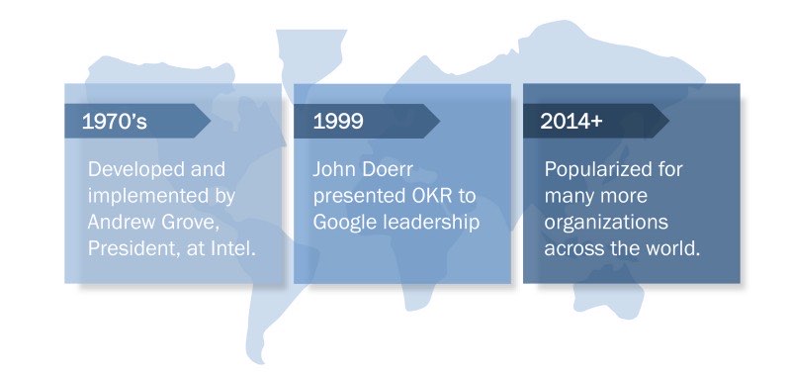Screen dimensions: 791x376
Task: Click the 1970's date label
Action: [x=115, y=121]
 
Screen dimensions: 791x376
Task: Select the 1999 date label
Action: [x=338, y=121]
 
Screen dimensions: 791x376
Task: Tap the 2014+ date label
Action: [x=571, y=121]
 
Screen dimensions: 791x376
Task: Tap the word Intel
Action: [x=235, y=248]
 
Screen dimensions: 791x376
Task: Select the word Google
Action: [x=344, y=223]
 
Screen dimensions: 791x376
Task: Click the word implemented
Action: [x=147, y=197]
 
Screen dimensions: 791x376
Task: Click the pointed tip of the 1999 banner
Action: [x=440, y=121]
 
